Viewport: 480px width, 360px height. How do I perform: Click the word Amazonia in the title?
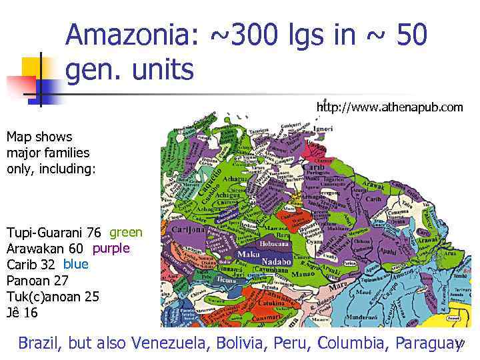point(131,35)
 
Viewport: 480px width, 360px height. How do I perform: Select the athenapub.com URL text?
point(389,107)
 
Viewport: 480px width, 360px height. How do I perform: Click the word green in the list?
point(125,232)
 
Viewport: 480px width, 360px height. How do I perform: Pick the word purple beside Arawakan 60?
point(111,248)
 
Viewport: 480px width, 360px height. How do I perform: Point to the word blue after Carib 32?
point(75,264)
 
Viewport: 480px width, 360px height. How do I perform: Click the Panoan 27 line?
point(37,281)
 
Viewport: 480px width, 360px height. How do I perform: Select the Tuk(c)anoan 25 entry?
point(53,297)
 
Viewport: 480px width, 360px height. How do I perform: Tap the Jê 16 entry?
point(22,313)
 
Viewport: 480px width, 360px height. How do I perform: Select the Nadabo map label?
point(275,261)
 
